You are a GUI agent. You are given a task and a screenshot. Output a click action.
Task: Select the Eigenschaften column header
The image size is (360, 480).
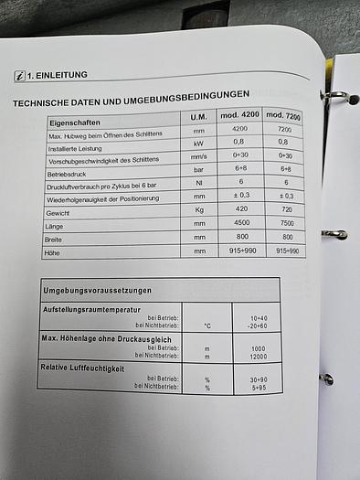pos(75,121)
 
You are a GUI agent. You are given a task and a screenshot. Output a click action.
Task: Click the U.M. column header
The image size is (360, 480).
pos(197,118)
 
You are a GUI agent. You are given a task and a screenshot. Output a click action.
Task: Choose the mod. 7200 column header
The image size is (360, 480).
pos(282,116)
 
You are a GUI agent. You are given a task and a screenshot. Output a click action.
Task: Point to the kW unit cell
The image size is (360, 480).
pos(198,143)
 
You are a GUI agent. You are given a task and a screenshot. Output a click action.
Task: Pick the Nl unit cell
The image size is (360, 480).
pos(199,182)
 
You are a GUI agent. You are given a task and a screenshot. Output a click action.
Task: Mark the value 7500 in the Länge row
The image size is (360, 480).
pos(285,223)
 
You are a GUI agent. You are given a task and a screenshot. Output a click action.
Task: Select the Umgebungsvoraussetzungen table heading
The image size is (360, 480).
pos(98,290)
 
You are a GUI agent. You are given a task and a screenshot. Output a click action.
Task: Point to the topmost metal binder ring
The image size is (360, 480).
pos(333,95)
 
